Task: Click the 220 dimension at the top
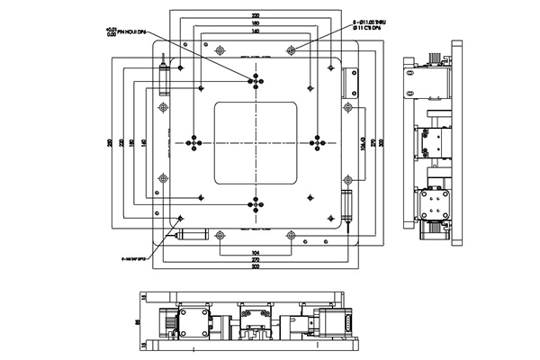[x=256, y=16]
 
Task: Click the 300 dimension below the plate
[x=256, y=267]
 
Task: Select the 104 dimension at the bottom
[x=256, y=249]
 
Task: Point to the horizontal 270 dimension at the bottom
[x=256, y=258]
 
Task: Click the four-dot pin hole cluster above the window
[x=256, y=80]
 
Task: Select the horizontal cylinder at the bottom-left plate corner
[x=191, y=235]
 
